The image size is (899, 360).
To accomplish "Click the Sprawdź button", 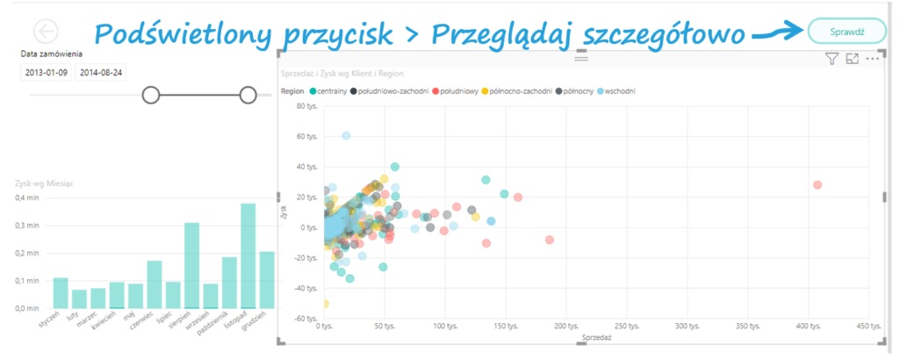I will (x=847, y=31).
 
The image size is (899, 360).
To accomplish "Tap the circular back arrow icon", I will (x=45, y=31).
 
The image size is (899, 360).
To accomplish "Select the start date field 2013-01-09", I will (x=45, y=72).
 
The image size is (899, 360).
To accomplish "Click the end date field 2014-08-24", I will (x=100, y=72).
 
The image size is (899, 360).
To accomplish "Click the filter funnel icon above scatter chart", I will (x=831, y=59).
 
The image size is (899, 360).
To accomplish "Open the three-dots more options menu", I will (x=872, y=59).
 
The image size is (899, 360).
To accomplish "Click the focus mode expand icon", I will (x=852, y=59).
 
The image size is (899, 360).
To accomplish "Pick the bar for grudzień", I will (x=267, y=280).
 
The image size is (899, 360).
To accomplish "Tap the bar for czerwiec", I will (x=155, y=284).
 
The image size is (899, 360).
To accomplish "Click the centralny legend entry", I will (x=324, y=90).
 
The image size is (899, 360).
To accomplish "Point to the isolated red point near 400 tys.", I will (x=817, y=184).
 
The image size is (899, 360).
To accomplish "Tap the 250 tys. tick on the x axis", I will (x=626, y=327).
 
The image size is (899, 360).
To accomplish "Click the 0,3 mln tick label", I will (x=28, y=226).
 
